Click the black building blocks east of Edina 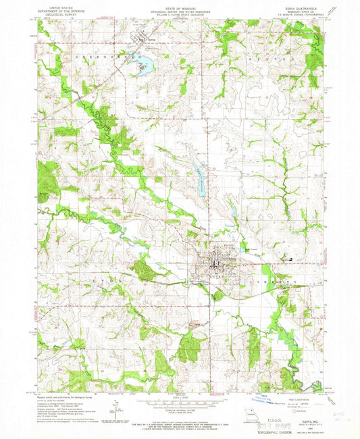pyautogui.click(x=290, y=257)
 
